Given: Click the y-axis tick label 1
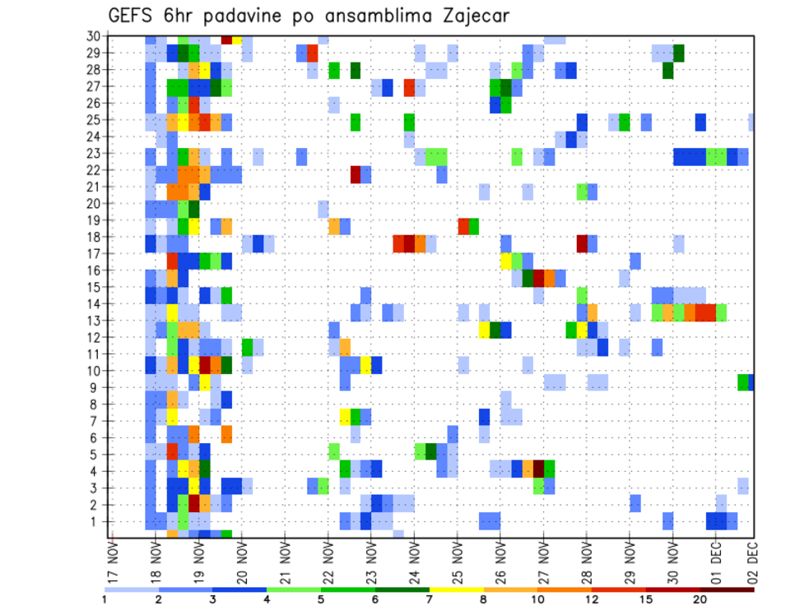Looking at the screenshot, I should pos(96,521).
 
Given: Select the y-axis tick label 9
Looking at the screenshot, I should pos(96,387).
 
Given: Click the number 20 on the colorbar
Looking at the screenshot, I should pos(700,598).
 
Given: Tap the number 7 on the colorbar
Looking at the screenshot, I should pos(430,598).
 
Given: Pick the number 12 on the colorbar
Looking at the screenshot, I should pos(592,598).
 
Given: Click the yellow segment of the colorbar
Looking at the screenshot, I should pos(457,589).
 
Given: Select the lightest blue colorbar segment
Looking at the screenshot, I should pos(132,589).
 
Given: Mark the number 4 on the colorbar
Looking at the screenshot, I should pos(267,598).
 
